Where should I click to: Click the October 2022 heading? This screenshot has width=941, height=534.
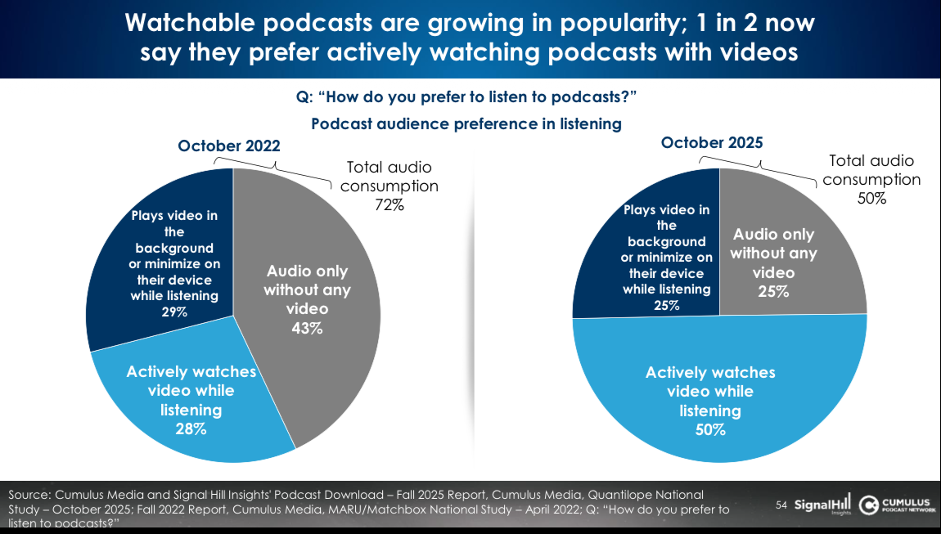click(x=229, y=146)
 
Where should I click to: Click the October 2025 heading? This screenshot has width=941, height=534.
click(x=712, y=142)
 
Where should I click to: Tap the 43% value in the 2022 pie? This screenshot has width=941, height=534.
click(x=306, y=329)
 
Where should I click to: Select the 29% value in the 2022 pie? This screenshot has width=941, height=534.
click(x=174, y=312)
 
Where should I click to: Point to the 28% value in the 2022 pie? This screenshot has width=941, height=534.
click(x=191, y=429)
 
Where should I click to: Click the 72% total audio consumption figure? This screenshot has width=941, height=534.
click(x=389, y=205)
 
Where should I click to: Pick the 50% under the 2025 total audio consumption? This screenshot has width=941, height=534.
click(x=871, y=198)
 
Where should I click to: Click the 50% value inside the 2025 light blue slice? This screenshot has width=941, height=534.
click(x=709, y=429)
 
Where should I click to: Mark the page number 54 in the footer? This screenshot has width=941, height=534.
click(x=781, y=506)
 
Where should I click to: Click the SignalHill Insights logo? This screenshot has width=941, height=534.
click(x=824, y=506)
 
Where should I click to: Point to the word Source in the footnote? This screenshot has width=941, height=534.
click(x=28, y=496)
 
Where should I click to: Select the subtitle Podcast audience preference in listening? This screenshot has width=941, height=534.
click(x=466, y=124)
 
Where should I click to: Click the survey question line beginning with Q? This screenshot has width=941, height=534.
click(x=466, y=97)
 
